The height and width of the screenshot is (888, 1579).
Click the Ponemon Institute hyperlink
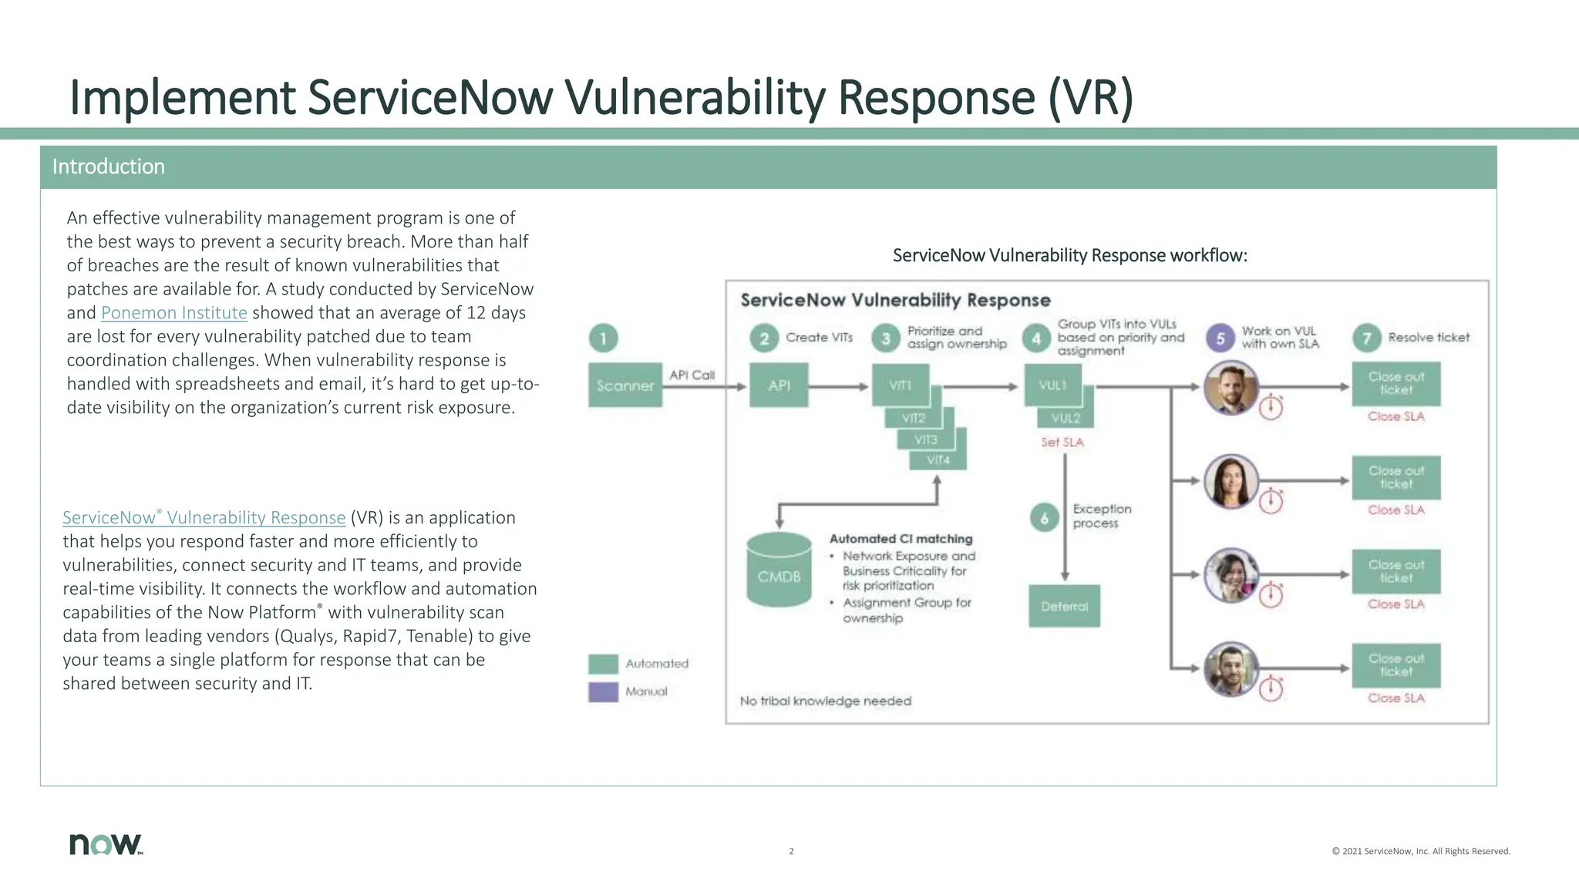173,313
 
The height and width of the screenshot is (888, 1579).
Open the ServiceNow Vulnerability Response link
204,518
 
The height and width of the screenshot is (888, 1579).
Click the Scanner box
625,385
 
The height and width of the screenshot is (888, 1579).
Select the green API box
779,385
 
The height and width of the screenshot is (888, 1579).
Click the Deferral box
1064,607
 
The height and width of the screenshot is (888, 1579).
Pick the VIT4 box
938,460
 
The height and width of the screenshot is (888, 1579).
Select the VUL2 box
1066,419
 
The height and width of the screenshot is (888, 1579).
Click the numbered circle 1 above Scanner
603,338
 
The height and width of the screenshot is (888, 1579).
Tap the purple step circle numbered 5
1220,338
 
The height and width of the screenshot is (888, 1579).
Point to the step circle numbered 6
1044,518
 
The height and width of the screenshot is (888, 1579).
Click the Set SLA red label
1062,442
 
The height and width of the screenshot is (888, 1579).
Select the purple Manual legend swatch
603,691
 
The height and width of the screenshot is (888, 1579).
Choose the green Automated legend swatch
603,664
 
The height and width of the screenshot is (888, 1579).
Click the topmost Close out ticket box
1396,384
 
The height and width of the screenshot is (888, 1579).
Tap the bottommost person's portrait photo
1231,669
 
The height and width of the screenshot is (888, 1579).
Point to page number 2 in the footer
791,852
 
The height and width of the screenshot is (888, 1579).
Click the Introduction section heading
109,167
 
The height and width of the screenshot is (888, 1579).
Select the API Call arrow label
692,375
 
